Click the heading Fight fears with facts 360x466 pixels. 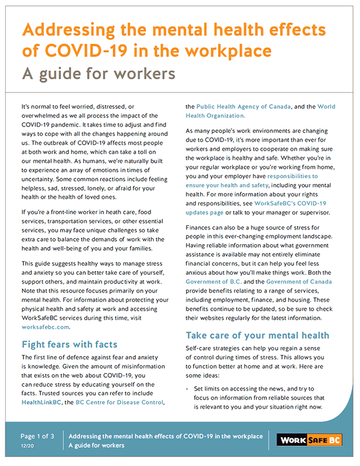69,344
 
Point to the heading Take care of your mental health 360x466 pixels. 257,335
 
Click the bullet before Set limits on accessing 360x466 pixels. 188,390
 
